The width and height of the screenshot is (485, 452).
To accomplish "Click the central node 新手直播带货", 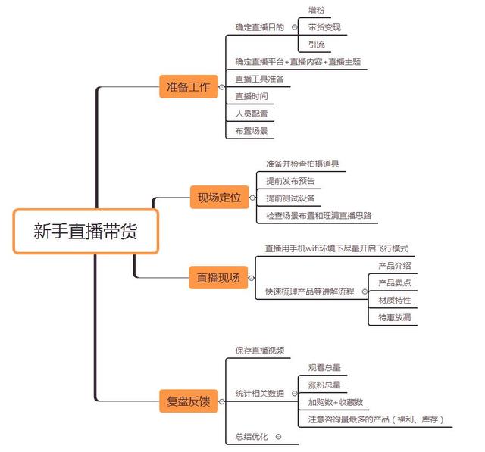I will coord(86,231).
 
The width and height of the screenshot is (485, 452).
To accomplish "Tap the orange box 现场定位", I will coord(218,198).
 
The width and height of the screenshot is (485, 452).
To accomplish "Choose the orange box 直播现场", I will coord(218,278).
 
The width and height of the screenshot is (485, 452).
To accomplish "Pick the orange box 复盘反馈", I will coord(189,400).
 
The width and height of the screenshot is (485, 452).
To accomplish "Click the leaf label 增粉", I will coord(317,11).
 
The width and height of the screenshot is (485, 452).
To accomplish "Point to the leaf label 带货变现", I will coord(324,28).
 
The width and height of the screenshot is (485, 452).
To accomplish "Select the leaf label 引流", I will coord(317,45).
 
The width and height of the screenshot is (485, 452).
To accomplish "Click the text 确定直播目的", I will coord(259,27).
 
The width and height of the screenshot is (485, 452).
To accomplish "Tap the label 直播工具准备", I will coord(259,79).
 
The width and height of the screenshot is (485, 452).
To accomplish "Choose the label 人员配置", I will coord(251,113).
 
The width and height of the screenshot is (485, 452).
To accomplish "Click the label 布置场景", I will coord(251,130).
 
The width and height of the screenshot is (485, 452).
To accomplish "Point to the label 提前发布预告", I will coord(289,181).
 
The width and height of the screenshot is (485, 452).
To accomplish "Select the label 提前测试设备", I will coord(289,198).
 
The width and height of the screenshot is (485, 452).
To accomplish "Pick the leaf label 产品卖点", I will coord(395,283).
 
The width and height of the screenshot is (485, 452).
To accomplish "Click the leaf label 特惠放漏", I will coord(395,317).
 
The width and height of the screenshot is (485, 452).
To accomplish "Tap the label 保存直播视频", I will coord(259,351).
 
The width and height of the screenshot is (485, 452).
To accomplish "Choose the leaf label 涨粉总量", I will coord(324,385).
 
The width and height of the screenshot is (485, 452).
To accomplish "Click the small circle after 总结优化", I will coord(278,437).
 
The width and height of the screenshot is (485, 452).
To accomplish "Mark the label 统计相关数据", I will coord(259,394).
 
